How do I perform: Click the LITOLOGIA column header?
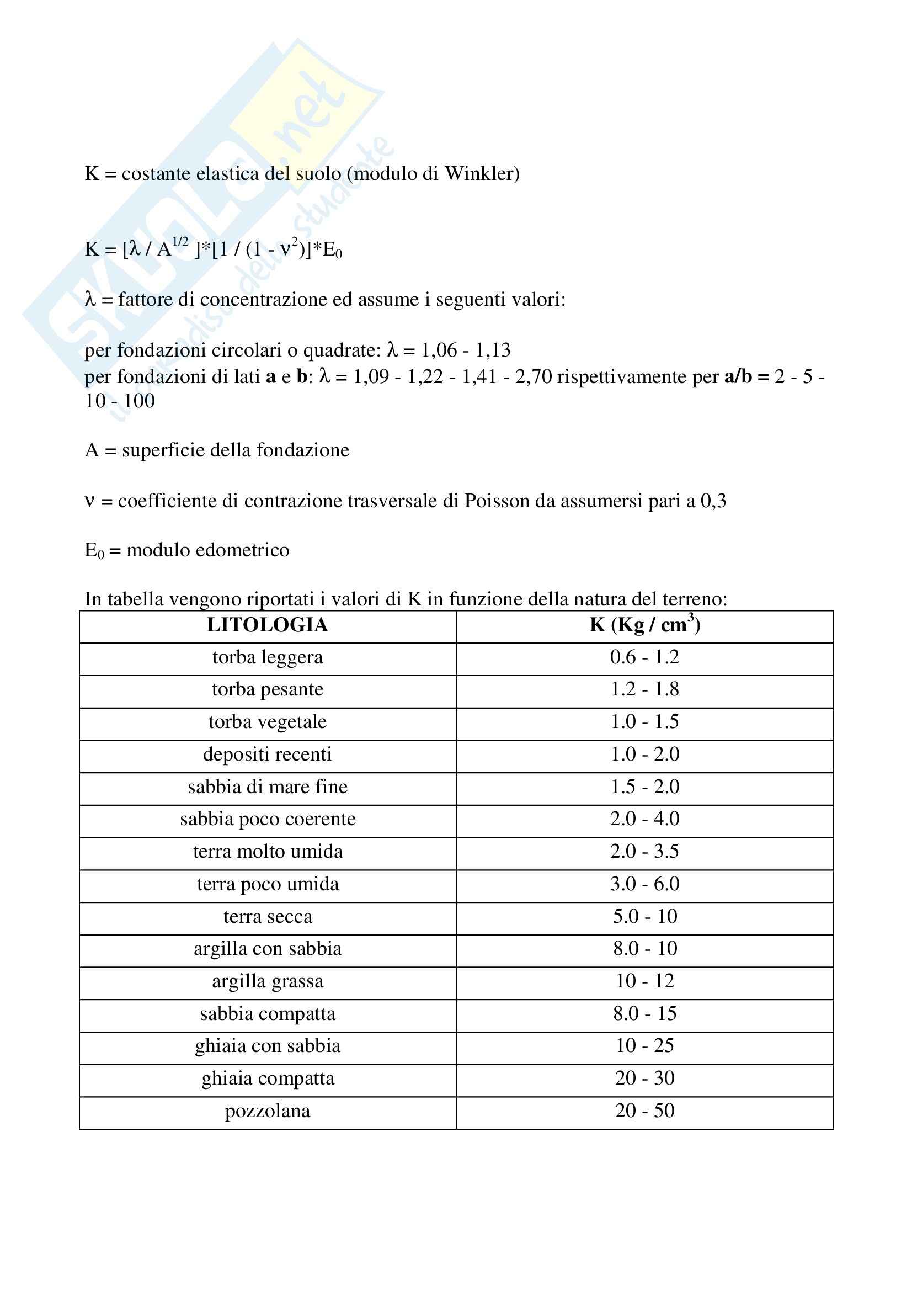click(268, 625)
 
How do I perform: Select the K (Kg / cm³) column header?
click(644, 625)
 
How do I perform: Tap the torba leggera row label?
click(268, 657)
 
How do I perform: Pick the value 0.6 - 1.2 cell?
click(644, 657)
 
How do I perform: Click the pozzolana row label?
click(268, 1111)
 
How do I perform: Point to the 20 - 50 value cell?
click(644, 1111)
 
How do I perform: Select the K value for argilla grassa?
click(644, 981)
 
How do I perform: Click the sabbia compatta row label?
click(268, 1014)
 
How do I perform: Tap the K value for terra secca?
click(644, 917)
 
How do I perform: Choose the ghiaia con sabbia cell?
click(268, 1046)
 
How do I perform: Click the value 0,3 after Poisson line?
click(713, 501)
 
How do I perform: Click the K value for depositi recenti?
click(644, 755)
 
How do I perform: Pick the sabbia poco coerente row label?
click(268, 819)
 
